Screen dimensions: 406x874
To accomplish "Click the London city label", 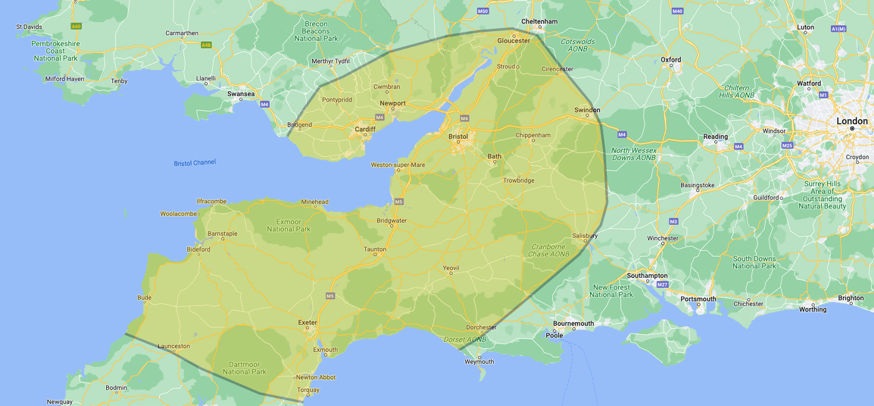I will (x=852, y=121).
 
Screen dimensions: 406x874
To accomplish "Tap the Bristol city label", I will (x=458, y=136).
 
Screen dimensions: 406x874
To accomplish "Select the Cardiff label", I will (x=365, y=129).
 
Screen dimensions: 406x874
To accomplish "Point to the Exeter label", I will (x=307, y=323).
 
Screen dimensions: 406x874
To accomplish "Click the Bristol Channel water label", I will (x=195, y=162).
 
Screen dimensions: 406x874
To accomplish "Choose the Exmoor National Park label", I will (x=288, y=225).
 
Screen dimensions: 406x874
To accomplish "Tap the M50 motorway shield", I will (x=482, y=11).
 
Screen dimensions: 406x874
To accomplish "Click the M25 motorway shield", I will (x=787, y=146).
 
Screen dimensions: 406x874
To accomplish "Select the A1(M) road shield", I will (x=838, y=29).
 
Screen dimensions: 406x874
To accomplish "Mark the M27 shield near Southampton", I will (x=662, y=285).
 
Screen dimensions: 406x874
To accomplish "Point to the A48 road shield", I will (x=206, y=45).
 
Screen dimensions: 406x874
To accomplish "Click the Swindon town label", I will (x=587, y=110).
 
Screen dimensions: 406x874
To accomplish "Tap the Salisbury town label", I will (x=585, y=235).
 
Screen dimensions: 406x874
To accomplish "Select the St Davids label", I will (x=28, y=27).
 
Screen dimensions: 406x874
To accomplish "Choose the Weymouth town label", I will (x=479, y=362).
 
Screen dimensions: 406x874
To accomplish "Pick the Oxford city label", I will (x=671, y=60).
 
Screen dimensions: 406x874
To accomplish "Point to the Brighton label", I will (x=851, y=298).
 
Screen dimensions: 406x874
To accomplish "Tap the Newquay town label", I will (x=60, y=402).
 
